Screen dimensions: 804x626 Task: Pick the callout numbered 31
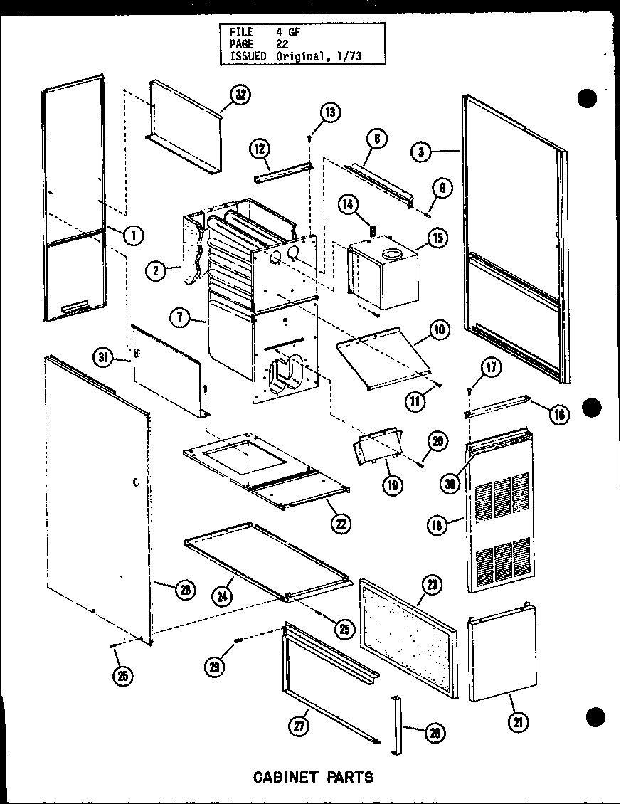[105, 358]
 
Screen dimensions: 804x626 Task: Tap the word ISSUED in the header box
[248, 55]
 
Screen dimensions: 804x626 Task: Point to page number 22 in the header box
[282, 43]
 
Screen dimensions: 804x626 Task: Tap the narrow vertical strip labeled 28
[397, 726]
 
